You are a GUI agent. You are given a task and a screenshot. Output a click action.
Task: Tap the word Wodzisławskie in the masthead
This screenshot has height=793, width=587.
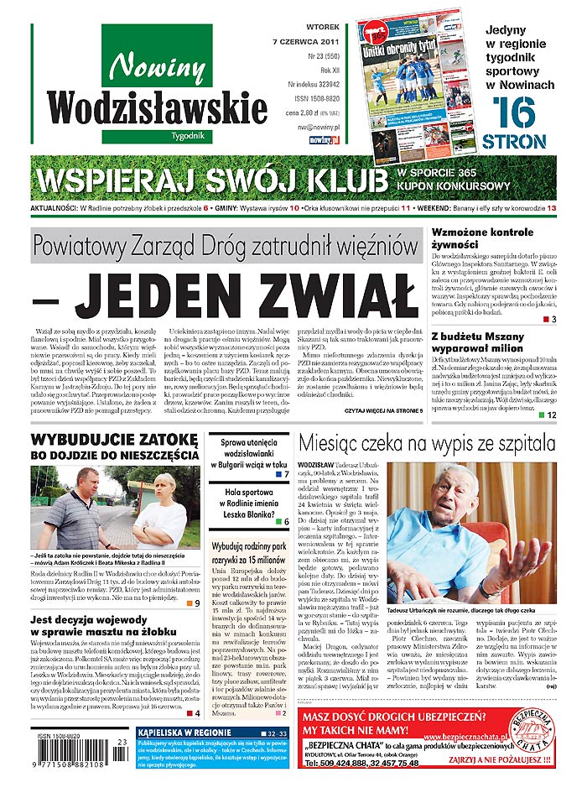coord(157,106)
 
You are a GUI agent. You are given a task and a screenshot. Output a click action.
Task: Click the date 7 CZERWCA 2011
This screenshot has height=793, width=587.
coord(306,40)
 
